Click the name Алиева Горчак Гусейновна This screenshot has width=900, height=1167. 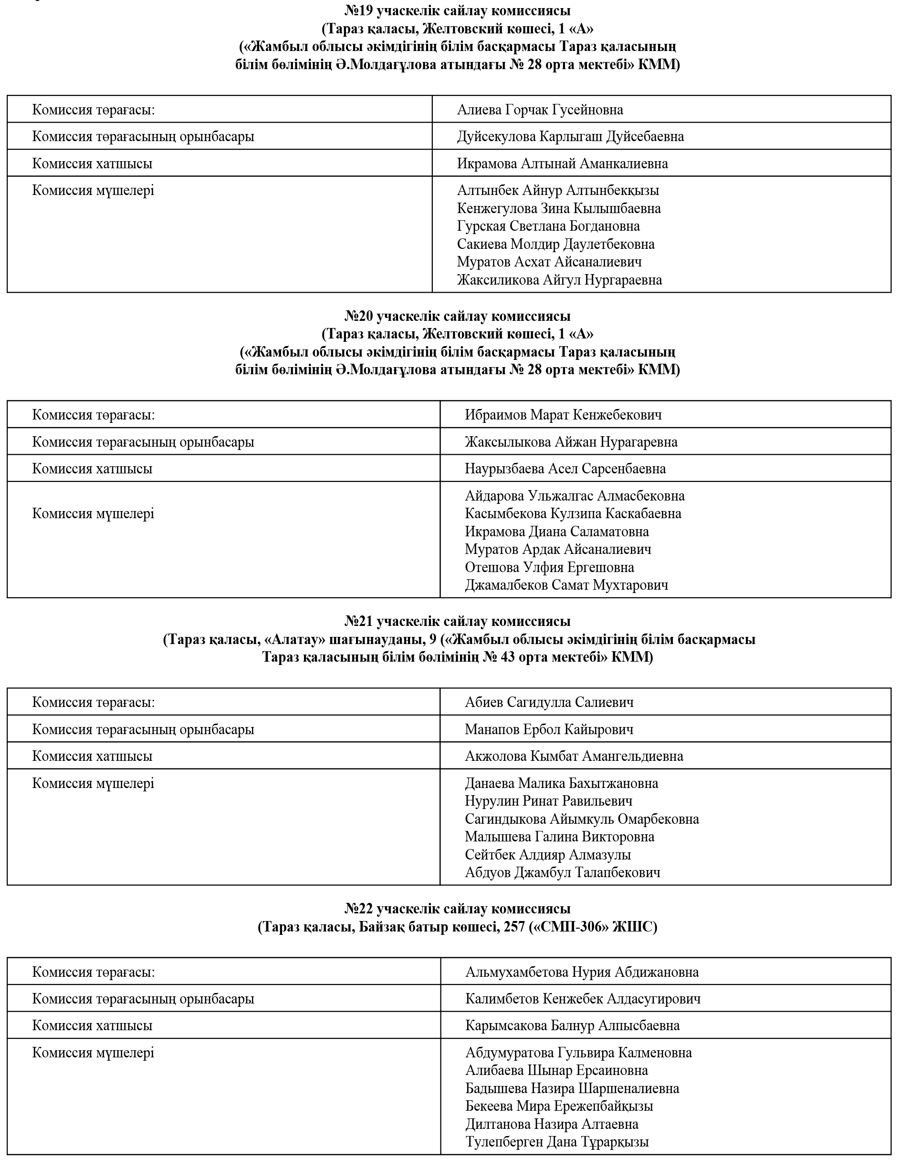540,110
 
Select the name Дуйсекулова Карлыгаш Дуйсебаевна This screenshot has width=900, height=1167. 570,136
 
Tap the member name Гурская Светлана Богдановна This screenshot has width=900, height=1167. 548,226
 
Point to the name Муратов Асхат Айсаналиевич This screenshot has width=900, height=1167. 549,262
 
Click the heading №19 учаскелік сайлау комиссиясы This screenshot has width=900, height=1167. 457,10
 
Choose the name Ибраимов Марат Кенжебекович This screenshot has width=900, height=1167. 563,415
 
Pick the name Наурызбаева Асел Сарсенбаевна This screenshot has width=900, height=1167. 565,469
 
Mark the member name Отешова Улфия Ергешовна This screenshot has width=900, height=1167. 549,567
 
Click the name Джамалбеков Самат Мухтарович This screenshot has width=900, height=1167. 566,585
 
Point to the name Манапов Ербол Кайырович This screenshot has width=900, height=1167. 549,729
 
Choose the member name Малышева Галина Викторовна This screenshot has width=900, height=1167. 559,836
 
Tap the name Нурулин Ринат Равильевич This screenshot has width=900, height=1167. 549,800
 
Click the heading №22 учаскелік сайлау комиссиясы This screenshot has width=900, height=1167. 457,908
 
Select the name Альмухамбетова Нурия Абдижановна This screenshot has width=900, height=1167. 582,972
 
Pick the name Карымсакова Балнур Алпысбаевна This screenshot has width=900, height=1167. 572,1025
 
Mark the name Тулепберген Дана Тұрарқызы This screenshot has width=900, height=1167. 557,1142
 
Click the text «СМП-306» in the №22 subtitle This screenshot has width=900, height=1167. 572,927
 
